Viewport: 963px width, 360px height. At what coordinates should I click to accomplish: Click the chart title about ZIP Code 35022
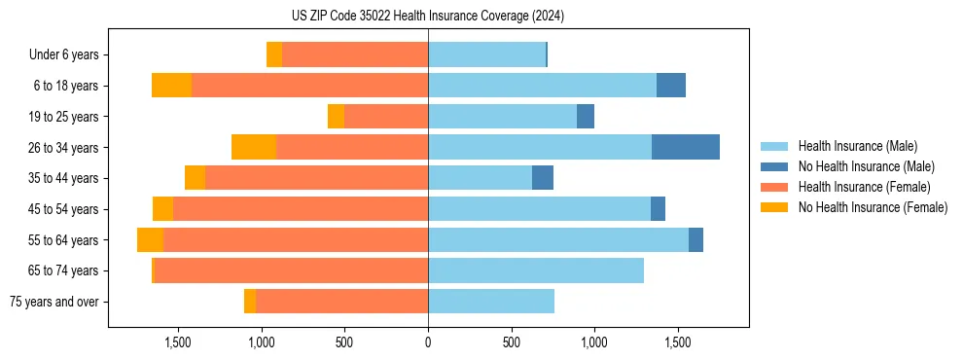pos(428,17)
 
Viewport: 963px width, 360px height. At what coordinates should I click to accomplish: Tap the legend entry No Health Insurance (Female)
pos(873,207)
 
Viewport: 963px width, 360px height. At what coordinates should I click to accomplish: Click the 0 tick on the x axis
pos(428,342)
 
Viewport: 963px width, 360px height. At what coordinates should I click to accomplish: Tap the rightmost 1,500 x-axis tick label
pos(678,342)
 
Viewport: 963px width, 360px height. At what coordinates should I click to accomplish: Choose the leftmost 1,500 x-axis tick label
pos(178,342)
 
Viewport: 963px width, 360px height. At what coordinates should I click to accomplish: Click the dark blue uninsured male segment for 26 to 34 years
pos(686,147)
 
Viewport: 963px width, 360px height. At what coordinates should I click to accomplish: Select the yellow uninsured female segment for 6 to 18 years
pos(171,86)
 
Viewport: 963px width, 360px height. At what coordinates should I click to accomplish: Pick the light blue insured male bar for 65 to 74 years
pos(536,270)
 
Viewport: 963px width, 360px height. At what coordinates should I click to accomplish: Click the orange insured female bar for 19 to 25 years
pos(386,117)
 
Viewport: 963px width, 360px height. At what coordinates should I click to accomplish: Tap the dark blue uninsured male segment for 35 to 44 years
pos(543,178)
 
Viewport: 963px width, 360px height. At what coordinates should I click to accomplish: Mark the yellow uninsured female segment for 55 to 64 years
pos(150,239)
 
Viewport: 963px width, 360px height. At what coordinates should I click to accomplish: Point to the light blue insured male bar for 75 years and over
pos(491,302)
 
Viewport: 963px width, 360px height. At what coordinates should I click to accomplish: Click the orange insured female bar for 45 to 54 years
pos(301,209)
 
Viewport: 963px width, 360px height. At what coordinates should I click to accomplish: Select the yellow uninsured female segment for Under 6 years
pos(274,55)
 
